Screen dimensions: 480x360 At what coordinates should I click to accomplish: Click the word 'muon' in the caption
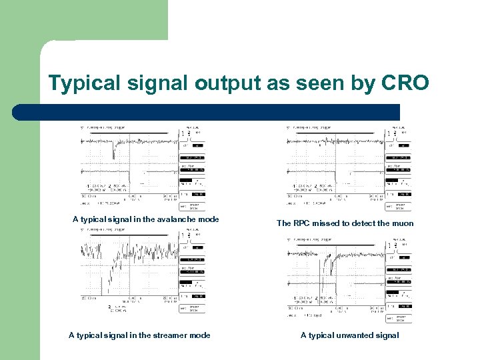(403, 223)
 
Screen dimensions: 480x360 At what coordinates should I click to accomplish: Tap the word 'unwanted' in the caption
(351, 335)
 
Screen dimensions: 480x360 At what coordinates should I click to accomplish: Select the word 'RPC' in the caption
(303, 223)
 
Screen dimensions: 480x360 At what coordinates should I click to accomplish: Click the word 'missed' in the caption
(330, 223)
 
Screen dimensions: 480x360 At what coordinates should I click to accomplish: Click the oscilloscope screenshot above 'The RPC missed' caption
(349, 167)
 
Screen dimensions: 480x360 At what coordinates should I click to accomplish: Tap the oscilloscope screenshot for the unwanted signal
(349, 277)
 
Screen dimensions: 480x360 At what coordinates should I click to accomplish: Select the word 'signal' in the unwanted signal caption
(386, 335)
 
